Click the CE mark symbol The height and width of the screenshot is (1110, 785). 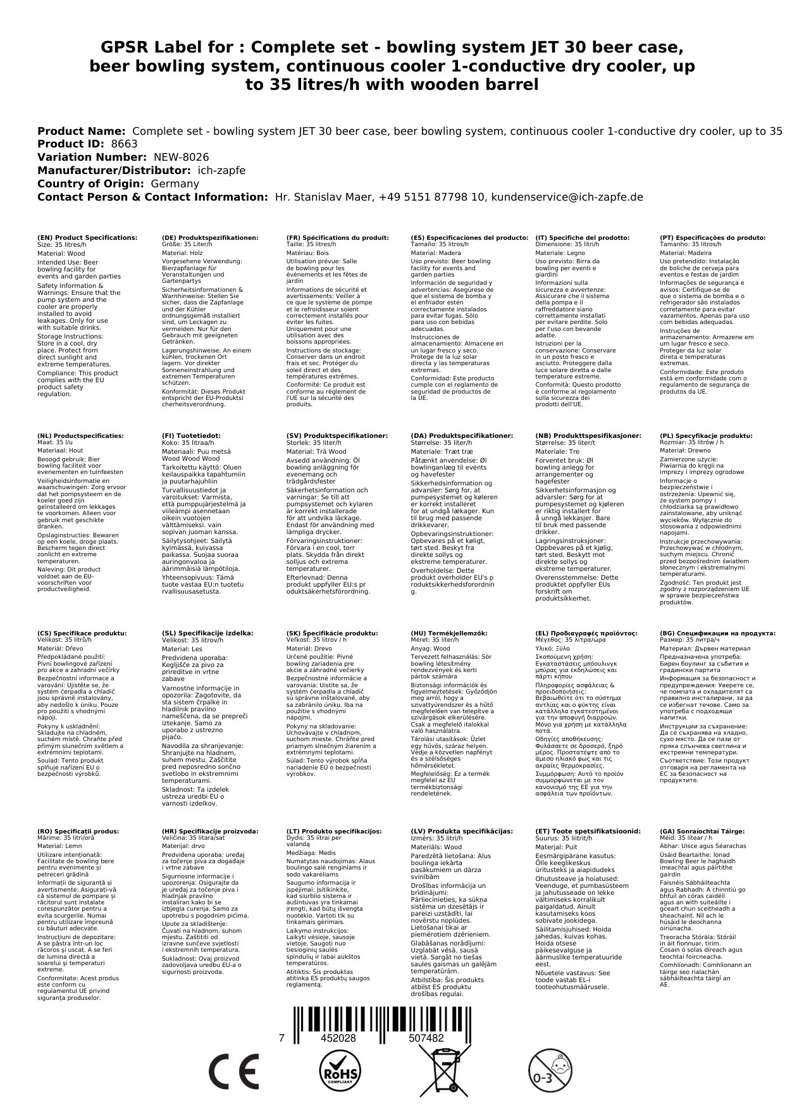(x=233, y=1073)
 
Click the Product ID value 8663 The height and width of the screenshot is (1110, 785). (x=124, y=144)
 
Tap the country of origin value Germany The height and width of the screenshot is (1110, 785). (x=175, y=184)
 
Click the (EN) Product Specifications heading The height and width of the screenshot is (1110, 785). (x=87, y=237)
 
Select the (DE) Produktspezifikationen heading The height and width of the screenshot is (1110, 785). (x=210, y=237)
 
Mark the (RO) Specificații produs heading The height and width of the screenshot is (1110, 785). (x=78, y=831)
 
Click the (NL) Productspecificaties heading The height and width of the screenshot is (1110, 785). (x=80, y=435)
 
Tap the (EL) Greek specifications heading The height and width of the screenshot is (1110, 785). (x=586, y=633)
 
